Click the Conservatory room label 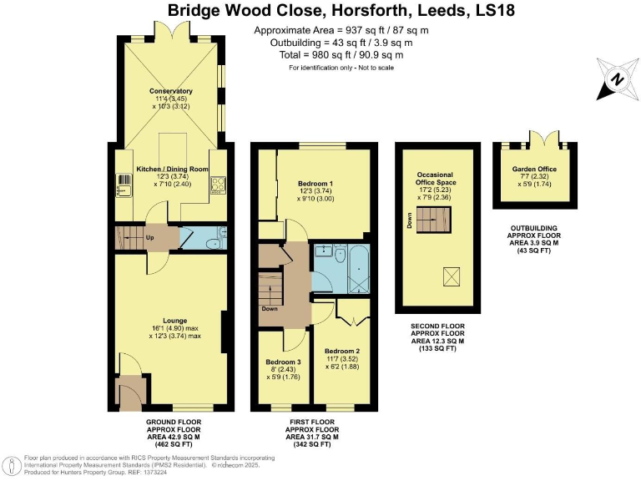171,91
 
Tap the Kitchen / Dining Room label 170,169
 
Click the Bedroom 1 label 315,183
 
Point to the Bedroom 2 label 342,351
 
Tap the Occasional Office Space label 438,181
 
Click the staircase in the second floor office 433,221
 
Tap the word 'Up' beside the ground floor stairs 150,238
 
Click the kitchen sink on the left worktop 122,189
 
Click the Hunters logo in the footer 13,464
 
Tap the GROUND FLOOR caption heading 174,422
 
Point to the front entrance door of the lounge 129,393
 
